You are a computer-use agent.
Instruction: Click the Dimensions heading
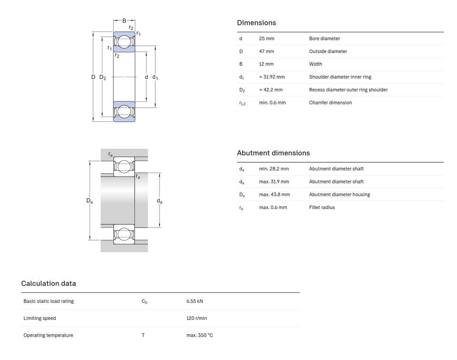coord(256,23)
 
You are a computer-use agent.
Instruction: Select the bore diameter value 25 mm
coord(267,39)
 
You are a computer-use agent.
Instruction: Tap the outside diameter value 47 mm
coord(267,51)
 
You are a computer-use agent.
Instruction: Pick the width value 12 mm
coord(266,64)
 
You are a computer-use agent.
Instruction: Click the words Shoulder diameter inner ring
coord(340,77)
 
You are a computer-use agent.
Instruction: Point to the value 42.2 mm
coord(273,90)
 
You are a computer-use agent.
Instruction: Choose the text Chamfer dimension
coord(330,102)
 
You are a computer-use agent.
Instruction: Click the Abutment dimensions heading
coord(273,153)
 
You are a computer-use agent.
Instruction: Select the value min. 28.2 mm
coord(274,169)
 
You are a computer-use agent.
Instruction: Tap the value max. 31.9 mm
coord(274,181)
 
